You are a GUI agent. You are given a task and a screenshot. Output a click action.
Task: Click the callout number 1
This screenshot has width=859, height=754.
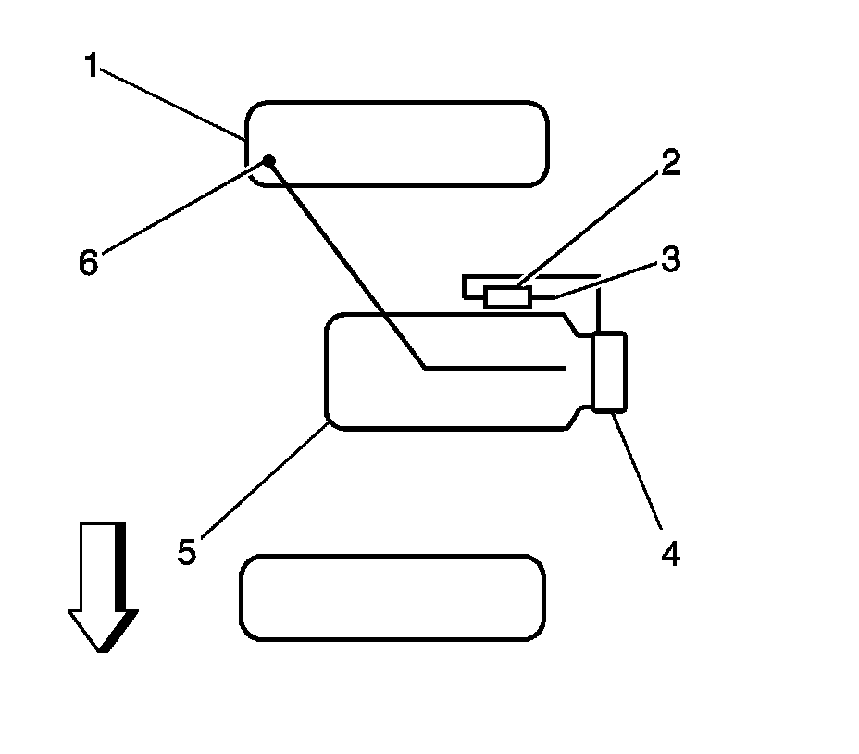point(91,68)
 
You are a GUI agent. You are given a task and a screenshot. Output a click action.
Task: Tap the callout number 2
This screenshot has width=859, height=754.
point(670,162)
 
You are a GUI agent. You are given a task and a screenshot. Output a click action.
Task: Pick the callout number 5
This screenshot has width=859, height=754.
point(187,552)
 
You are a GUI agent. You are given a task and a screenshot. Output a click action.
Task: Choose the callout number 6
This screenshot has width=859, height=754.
point(88,263)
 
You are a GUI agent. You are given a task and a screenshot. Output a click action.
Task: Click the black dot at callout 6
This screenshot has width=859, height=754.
point(269,160)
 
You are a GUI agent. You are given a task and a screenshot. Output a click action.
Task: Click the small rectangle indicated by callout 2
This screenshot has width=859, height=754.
point(507,296)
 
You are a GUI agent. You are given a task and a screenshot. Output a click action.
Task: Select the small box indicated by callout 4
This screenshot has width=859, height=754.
point(609,371)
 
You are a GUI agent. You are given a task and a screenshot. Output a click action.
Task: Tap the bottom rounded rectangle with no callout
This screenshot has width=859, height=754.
point(392,597)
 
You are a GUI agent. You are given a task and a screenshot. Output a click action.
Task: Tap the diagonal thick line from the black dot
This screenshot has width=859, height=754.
point(347,264)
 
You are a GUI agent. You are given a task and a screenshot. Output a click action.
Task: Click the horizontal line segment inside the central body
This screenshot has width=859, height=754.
point(495,368)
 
